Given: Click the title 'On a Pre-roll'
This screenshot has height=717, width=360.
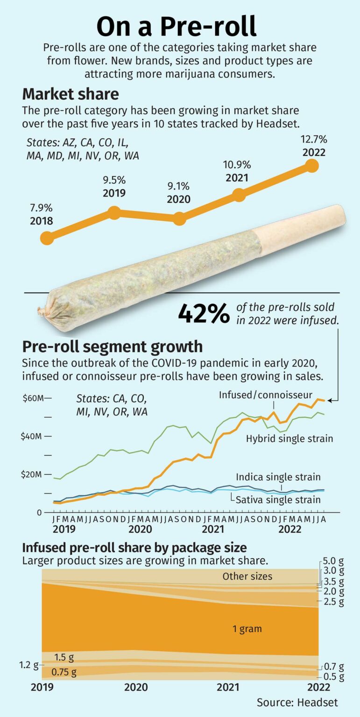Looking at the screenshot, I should tap(176, 26).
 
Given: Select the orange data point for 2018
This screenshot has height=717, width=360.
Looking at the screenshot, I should tap(47, 238).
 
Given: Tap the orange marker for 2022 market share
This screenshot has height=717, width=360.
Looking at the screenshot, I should tap(311, 166).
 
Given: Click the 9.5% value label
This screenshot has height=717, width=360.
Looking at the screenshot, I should tap(114, 180).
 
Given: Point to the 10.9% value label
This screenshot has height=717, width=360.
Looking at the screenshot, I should tap(237, 165).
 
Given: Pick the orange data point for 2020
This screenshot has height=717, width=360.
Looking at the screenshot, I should tap(179, 218).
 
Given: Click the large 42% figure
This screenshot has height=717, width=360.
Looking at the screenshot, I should tap(204, 313).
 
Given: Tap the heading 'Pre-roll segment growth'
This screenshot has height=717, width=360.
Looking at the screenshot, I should tap(113, 347).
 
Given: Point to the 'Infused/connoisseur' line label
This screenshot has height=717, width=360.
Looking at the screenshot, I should tap(266, 395).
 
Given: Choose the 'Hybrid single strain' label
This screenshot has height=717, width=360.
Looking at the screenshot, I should tap(289, 438).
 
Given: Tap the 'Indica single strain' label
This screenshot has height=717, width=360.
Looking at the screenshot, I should tap(278, 477).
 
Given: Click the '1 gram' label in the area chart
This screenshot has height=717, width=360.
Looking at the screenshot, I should tap(247, 629).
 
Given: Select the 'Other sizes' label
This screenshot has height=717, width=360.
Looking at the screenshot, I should tap(247, 576).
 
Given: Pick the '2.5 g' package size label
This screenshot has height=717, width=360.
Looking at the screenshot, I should tap(334, 602).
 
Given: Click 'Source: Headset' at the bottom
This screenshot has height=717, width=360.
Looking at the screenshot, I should tap(297, 702).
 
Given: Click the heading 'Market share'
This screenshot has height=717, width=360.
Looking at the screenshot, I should tap(71, 94).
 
